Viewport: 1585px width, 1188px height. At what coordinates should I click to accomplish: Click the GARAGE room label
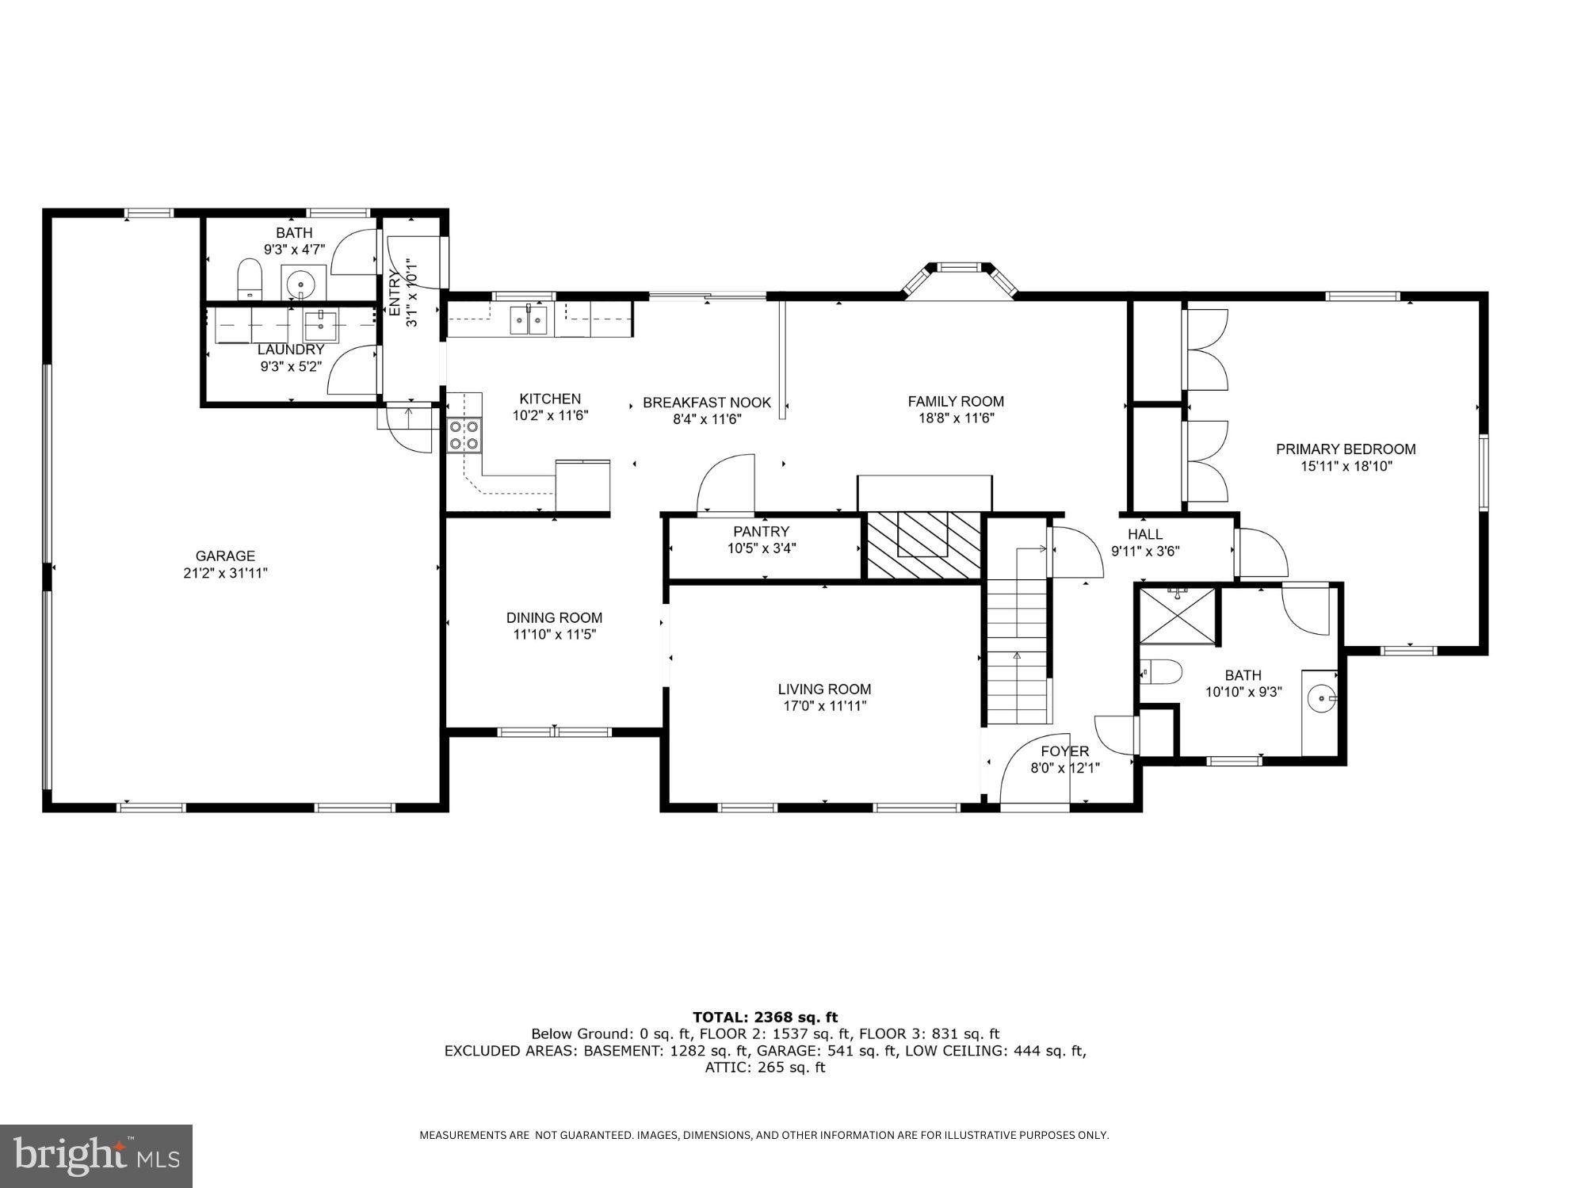coord(225,556)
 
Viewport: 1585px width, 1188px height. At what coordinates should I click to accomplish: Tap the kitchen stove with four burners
coord(464,435)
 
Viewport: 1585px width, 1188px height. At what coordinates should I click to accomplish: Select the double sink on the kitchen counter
coord(529,320)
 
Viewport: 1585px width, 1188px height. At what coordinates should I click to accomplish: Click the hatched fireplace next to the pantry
coord(922,545)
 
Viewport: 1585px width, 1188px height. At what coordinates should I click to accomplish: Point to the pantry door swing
coord(723,485)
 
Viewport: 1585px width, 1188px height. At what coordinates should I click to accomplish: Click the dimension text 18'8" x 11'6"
coord(956,418)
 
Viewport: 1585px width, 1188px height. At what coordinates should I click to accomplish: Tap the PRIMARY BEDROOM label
coord(1345,449)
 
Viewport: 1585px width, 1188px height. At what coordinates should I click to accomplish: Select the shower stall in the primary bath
coord(1177,615)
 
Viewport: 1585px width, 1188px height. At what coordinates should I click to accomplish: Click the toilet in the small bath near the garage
coord(250,280)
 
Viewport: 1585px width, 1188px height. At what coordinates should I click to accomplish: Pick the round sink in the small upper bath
coord(302,283)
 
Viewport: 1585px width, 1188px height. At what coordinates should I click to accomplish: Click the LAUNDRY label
coord(291,350)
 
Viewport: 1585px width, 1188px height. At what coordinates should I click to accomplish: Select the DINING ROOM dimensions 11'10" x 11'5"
coord(554,634)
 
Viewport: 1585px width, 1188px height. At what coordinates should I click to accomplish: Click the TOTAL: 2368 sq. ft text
coord(765,1017)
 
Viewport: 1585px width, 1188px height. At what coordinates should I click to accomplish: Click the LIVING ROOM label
coord(824,689)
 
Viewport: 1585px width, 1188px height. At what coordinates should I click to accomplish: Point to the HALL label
coord(1144,535)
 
